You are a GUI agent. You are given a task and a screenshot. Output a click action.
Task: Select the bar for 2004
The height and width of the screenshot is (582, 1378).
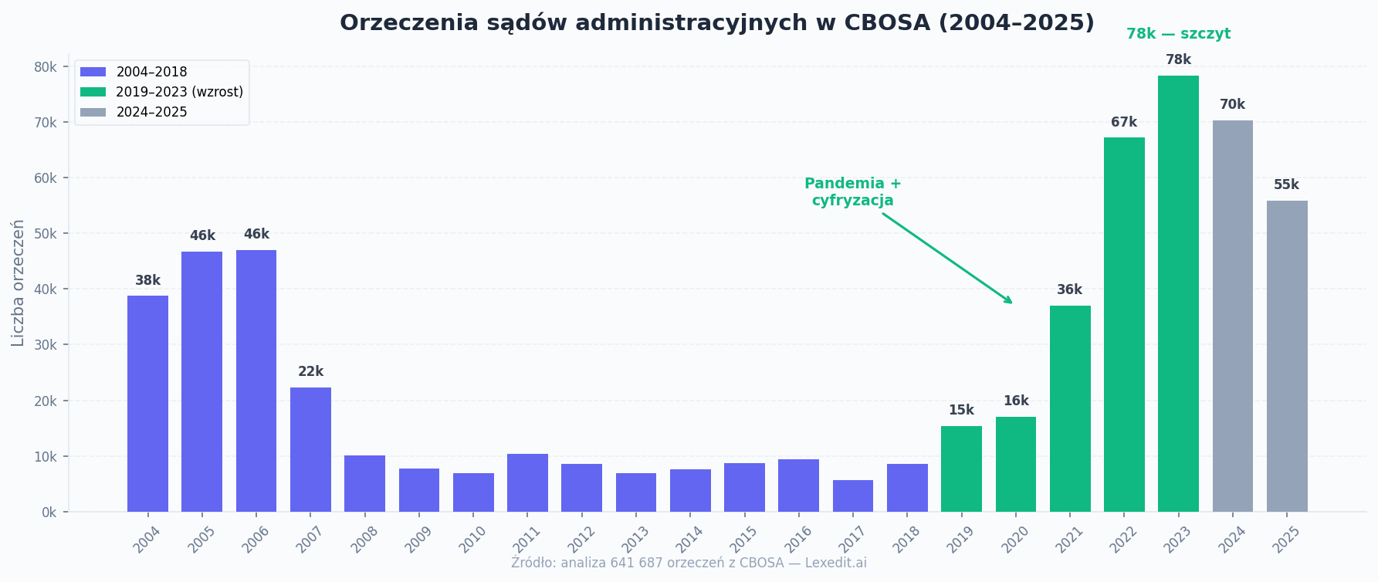pos(147,403)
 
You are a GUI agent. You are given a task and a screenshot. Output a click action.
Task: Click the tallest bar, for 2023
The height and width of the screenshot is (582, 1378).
pos(1178,293)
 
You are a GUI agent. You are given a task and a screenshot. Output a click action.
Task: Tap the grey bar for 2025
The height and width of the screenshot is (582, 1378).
pos(1287,356)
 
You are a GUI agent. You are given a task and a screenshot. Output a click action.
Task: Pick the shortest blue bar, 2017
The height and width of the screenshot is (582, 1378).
pos(852,496)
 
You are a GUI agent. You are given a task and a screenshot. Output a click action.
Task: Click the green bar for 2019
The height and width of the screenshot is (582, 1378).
pos(961,469)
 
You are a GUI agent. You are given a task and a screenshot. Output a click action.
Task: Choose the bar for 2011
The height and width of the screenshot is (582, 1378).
pos(527,482)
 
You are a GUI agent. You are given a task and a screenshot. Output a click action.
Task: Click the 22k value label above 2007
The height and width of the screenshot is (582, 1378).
pos(310,372)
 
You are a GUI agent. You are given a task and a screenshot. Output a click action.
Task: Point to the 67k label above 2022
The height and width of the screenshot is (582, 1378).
pos(1123,123)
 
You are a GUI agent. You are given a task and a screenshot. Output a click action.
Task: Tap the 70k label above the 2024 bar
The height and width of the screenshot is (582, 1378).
pos(1232,105)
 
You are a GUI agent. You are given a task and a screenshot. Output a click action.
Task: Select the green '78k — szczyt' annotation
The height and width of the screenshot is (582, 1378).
pos(1178,34)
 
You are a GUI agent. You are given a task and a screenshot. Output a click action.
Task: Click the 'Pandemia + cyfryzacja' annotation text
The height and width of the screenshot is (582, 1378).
pos(852,192)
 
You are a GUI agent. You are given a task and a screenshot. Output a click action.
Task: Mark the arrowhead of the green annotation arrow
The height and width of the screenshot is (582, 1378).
pos(1010,302)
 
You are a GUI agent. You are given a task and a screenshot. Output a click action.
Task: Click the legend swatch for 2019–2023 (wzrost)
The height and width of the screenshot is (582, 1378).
pos(93,92)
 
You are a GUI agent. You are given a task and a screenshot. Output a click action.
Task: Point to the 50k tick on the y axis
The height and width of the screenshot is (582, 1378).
pos(46,233)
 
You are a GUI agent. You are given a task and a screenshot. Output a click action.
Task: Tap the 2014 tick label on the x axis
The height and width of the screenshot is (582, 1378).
pos(688,539)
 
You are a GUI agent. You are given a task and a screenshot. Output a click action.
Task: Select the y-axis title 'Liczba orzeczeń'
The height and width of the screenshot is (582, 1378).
pos(18,283)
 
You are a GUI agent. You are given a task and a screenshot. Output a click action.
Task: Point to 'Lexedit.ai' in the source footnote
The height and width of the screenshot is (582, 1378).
pos(835,563)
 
